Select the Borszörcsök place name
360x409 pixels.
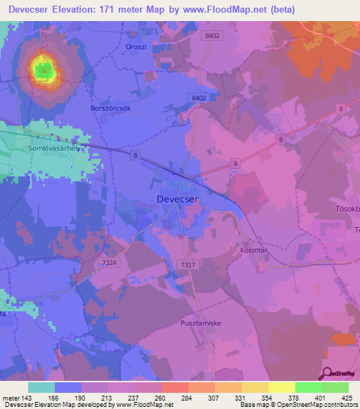pyautogui.click(x=112, y=109)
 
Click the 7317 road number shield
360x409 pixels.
pyautogui.click(x=188, y=264)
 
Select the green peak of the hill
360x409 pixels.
pyautogui.click(x=43, y=69)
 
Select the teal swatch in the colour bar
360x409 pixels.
pyautogui.click(x=41, y=387)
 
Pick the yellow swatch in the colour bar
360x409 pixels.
pyautogui.click(x=282, y=387)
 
